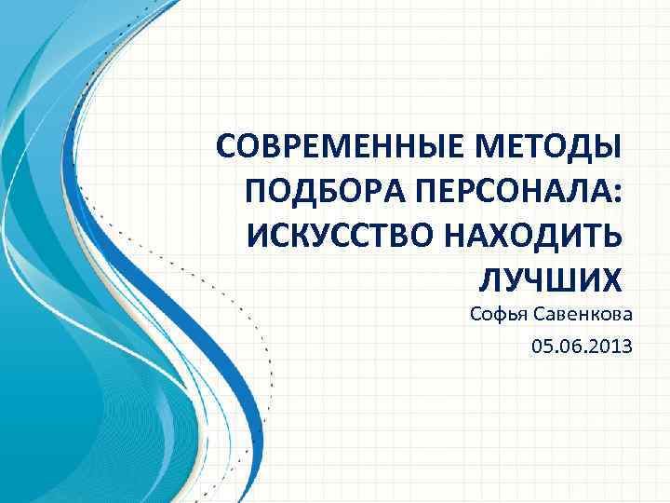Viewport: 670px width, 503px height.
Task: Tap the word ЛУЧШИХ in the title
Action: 548,279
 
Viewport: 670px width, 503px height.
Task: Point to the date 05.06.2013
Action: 582,347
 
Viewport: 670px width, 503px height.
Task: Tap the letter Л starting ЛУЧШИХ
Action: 488,279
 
